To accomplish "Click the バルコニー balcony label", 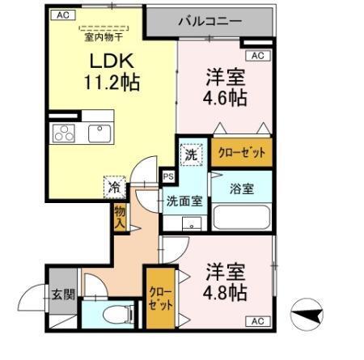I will (210, 21).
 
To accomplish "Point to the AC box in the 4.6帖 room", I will (257, 56).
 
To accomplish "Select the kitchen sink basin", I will (99, 132).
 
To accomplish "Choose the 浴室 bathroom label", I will (242, 189).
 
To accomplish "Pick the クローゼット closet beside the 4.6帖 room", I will (242, 152).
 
